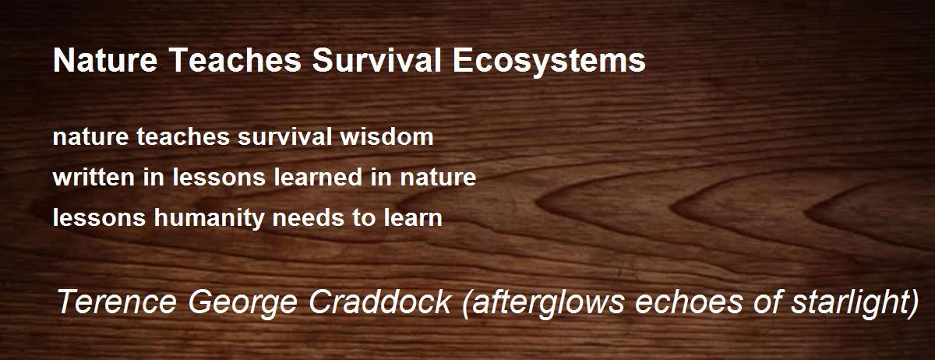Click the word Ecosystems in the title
click(x=549, y=62)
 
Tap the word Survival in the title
click(x=376, y=60)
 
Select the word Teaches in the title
click(x=236, y=60)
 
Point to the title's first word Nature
click(x=105, y=60)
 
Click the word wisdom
click(x=386, y=137)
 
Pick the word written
click(x=93, y=177)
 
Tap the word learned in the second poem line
click(x=318, y=177)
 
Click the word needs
click(x=308, y=217)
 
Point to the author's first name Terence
click(x=116, y=302)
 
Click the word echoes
click(x=688, y=302)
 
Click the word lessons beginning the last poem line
click(x=100, y=217)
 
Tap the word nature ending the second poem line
click(x=438, y=178)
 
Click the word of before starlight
click(x=767, y=302)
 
